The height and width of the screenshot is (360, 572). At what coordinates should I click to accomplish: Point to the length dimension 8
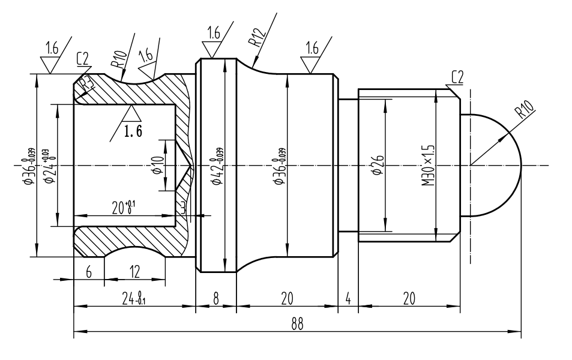pyautogui.click(x=216, y=298)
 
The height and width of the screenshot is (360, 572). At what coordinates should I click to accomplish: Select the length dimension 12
pyautogui.click(x=134, y=272)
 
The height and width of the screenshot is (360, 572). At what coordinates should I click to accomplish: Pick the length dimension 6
pyautogui.click(x=89, y=272)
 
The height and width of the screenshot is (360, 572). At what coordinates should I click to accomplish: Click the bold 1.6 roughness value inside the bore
pyautogui.click(x=133, y=132)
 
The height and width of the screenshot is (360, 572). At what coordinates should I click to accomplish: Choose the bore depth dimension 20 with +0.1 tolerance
pyautogui.click(x=124, y=208)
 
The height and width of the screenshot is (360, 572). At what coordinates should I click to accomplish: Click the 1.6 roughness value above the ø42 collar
pyautogui.click(x=214, y=34)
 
